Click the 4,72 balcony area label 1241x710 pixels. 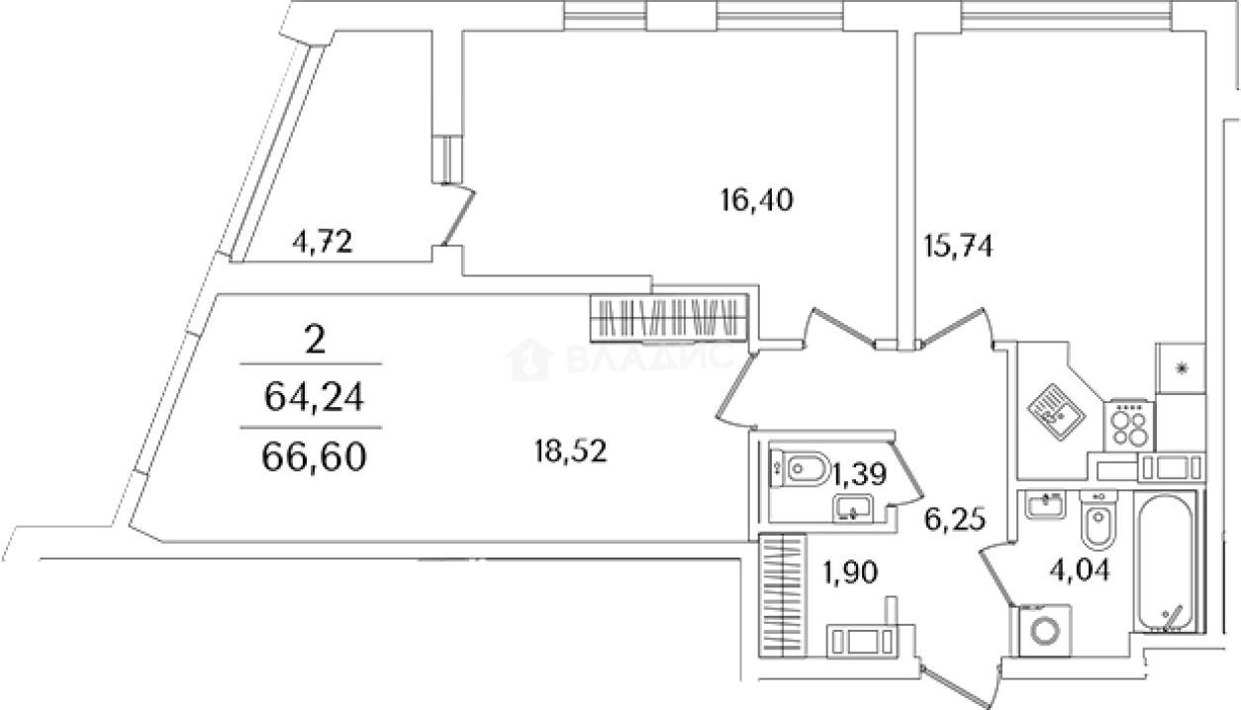[x=323, y=243]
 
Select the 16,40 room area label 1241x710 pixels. [x=757, y=201]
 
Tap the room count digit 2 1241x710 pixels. [x=315, y=342]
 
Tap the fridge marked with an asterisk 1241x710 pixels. [x=1180, y=368]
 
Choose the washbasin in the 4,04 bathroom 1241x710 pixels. [x=1043, y=506]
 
